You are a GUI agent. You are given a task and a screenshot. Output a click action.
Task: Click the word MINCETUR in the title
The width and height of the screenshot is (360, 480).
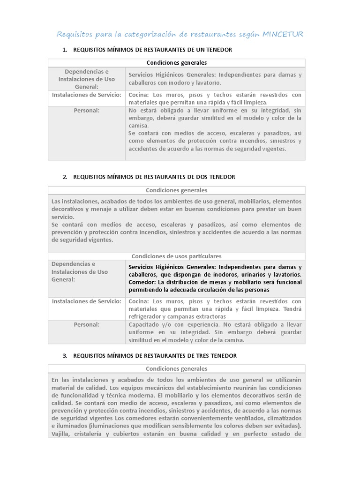coord(283,34)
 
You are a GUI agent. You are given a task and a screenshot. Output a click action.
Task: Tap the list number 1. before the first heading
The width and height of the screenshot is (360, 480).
coord(65,50)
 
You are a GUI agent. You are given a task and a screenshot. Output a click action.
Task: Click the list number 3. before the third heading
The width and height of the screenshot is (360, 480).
coord(65,356)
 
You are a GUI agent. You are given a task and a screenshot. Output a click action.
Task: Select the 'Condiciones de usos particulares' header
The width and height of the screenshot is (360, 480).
coord(176,256)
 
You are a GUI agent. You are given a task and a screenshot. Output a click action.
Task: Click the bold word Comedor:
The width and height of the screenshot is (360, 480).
coord(142,282)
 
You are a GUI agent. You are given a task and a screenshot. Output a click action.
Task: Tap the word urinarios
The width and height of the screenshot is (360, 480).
coord(250,274)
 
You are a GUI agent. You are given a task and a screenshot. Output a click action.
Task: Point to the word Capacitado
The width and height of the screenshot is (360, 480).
coord(145,324)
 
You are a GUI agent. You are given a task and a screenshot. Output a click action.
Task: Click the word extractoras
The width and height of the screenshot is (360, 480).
coord(225,316)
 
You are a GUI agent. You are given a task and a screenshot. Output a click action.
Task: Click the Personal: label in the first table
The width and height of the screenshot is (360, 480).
coord(86,111)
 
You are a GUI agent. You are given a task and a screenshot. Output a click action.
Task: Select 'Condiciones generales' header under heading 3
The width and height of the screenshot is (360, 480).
coord(176,369)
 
